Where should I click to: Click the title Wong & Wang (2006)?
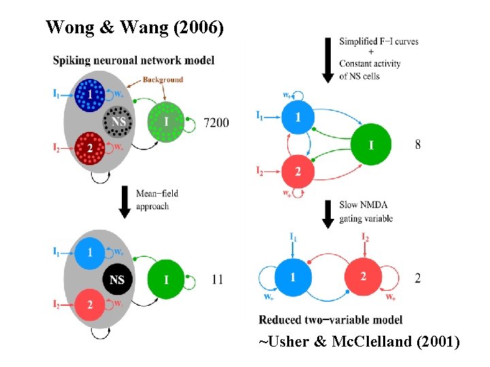[133, 27]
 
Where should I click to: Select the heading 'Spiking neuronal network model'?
[133, 60]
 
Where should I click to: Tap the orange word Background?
[163, 80]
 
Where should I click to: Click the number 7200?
[216, 122]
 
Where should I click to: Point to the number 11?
[217, 279]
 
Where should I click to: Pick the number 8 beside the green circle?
[417, 144]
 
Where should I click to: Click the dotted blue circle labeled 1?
[89, 95]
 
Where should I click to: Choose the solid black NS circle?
[118, 279]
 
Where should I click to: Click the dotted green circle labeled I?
[165, 122]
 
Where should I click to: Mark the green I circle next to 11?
[167, 279]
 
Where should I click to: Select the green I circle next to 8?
[371, 144]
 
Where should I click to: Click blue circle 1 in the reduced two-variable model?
[293, 277]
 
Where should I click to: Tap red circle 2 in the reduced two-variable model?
[363, 277]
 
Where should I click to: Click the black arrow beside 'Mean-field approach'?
[124, 201]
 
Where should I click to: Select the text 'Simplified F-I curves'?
[378, 41]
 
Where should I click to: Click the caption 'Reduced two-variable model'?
[331, 319]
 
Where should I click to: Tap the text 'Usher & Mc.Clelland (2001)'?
[359, 343]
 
